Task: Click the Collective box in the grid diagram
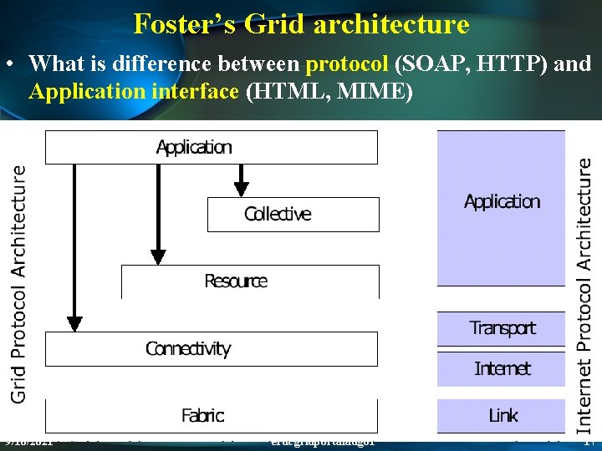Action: [293, 214]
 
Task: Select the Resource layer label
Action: [236, 281]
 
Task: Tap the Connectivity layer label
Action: [187, 348]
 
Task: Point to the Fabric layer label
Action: [202, 415]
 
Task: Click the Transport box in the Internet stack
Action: [502, 328]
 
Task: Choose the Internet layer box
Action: [502, 368]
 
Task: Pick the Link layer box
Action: [502, 415]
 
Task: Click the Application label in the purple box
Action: [502, 201]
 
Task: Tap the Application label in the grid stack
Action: [194, 147]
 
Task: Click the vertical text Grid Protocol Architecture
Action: [18, 284]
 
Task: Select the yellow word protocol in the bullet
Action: [346, 63]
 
